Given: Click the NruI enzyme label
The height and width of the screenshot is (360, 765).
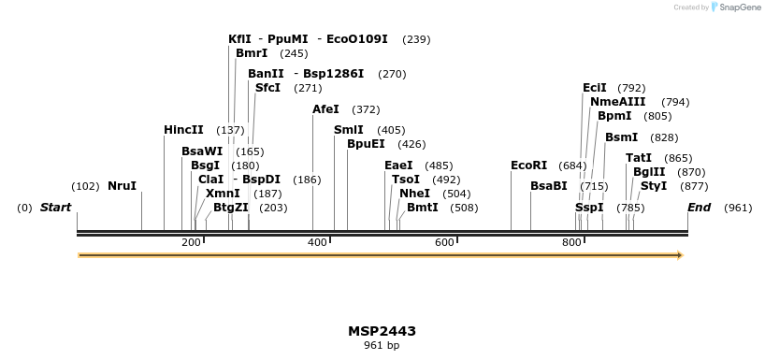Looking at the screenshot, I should pyautogui.click(x=122, y=186).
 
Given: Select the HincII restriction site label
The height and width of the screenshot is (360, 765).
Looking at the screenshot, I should pyautogui.click(x=183, y=130).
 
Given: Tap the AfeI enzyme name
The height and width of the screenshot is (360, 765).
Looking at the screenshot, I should pyautogui.click(x=325, y=109).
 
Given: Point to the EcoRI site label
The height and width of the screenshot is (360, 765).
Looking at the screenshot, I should pyautogui.click(x=528, y=166).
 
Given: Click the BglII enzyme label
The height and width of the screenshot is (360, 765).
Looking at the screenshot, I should pyautogui.click(x=649, y=172).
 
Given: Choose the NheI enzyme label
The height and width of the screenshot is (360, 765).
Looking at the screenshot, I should pyautogui.click(x=414, y=194).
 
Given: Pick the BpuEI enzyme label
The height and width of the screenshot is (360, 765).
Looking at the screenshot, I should pyautogui.click(x=366, y=144).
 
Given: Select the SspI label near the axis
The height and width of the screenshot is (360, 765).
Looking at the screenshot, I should pyautogui.click(x=589, y=208).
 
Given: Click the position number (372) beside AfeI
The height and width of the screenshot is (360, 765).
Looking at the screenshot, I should pyautogui.click(x=366, y=109).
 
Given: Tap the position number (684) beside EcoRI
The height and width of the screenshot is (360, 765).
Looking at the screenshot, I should pyautogui.click(x=572, y=166).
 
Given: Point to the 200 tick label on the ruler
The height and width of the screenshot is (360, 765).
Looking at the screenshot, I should pyautogui.click(x=191, y=243).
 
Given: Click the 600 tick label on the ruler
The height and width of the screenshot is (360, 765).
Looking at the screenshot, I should pyautogui.click(x=444, y=243).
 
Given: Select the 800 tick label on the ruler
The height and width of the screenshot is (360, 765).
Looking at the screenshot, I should pyautogui.click(x=571, y=243).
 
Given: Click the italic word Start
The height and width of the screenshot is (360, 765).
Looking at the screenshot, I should pyautogui.click(x=55, y=208).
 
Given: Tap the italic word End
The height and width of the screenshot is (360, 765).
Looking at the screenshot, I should pyautogui.click(x=699, y=208).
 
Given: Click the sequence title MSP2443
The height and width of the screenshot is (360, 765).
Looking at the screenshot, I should pyautogui.click(x=382, y=331).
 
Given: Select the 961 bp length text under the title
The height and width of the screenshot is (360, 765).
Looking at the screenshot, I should pyautogui.click(x=382, y=346).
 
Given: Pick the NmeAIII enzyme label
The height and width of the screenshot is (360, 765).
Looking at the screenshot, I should pyautogui.click(x=617, y=102).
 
